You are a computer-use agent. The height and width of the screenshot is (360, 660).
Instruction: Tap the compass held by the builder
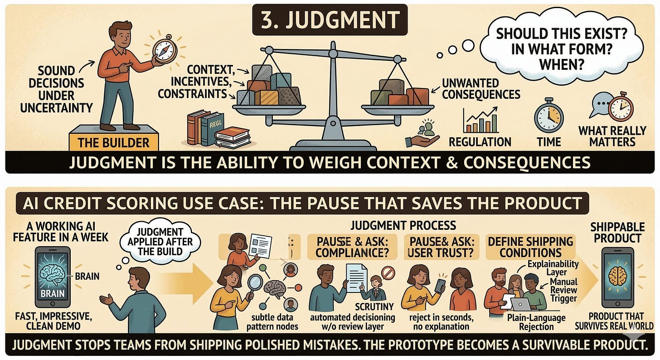[163, 49]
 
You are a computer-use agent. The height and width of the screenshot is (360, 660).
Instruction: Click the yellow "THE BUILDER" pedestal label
[113, 142]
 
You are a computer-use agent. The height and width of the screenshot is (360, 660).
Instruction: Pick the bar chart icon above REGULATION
[480, 120]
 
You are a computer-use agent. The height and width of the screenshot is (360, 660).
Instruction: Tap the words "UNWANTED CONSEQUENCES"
[480, 88]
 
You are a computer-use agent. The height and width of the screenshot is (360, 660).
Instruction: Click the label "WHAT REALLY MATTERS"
[611, 136]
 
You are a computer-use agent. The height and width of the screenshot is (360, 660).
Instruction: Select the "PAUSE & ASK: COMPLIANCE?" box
[350, 247]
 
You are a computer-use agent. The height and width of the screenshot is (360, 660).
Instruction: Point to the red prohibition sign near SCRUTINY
[388, 273]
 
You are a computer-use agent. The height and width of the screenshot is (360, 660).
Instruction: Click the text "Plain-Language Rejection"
[537, 321]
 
